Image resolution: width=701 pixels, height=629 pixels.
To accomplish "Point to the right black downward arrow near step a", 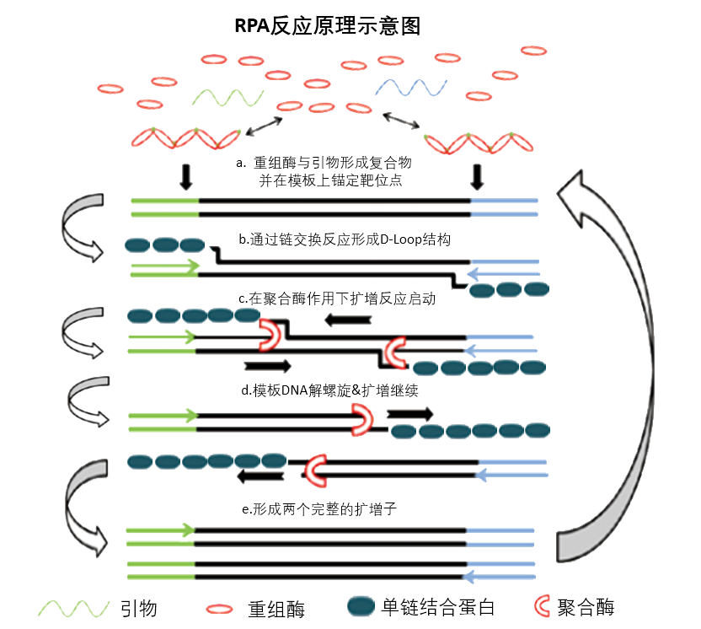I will tap(478, 175).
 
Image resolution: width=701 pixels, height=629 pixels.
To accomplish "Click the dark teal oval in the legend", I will tap(360, 607).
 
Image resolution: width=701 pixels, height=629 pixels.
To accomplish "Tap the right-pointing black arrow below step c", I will tap(267, 366).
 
